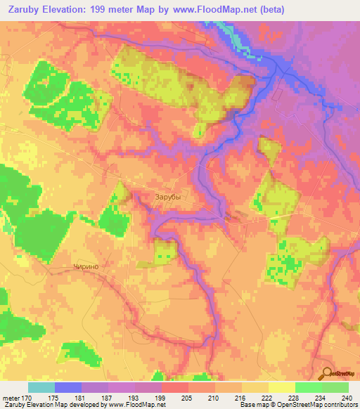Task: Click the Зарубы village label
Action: click(x=167, y=197)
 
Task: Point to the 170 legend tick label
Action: click(x=25, y=396)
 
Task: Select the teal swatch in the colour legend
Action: click(x=41, y=387)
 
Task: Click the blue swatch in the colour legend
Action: click(x=68, y=387)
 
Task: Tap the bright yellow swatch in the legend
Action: click(x=281, y=387)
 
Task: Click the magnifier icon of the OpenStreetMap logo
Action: click(x=326, y=373)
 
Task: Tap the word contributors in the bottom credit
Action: click(x=334, y=405)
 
